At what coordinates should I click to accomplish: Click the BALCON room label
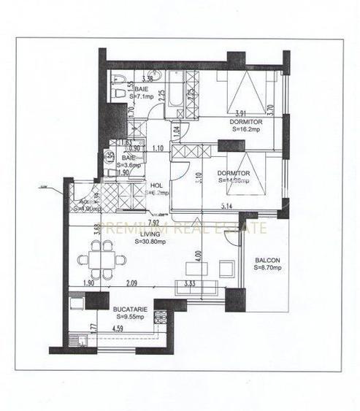(266, 261)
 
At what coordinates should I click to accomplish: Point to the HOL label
(156, 185)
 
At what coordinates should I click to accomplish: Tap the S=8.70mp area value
(268, 269)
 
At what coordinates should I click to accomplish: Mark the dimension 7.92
(153, 223)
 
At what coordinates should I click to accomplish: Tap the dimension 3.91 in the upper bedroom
(229, 112)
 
